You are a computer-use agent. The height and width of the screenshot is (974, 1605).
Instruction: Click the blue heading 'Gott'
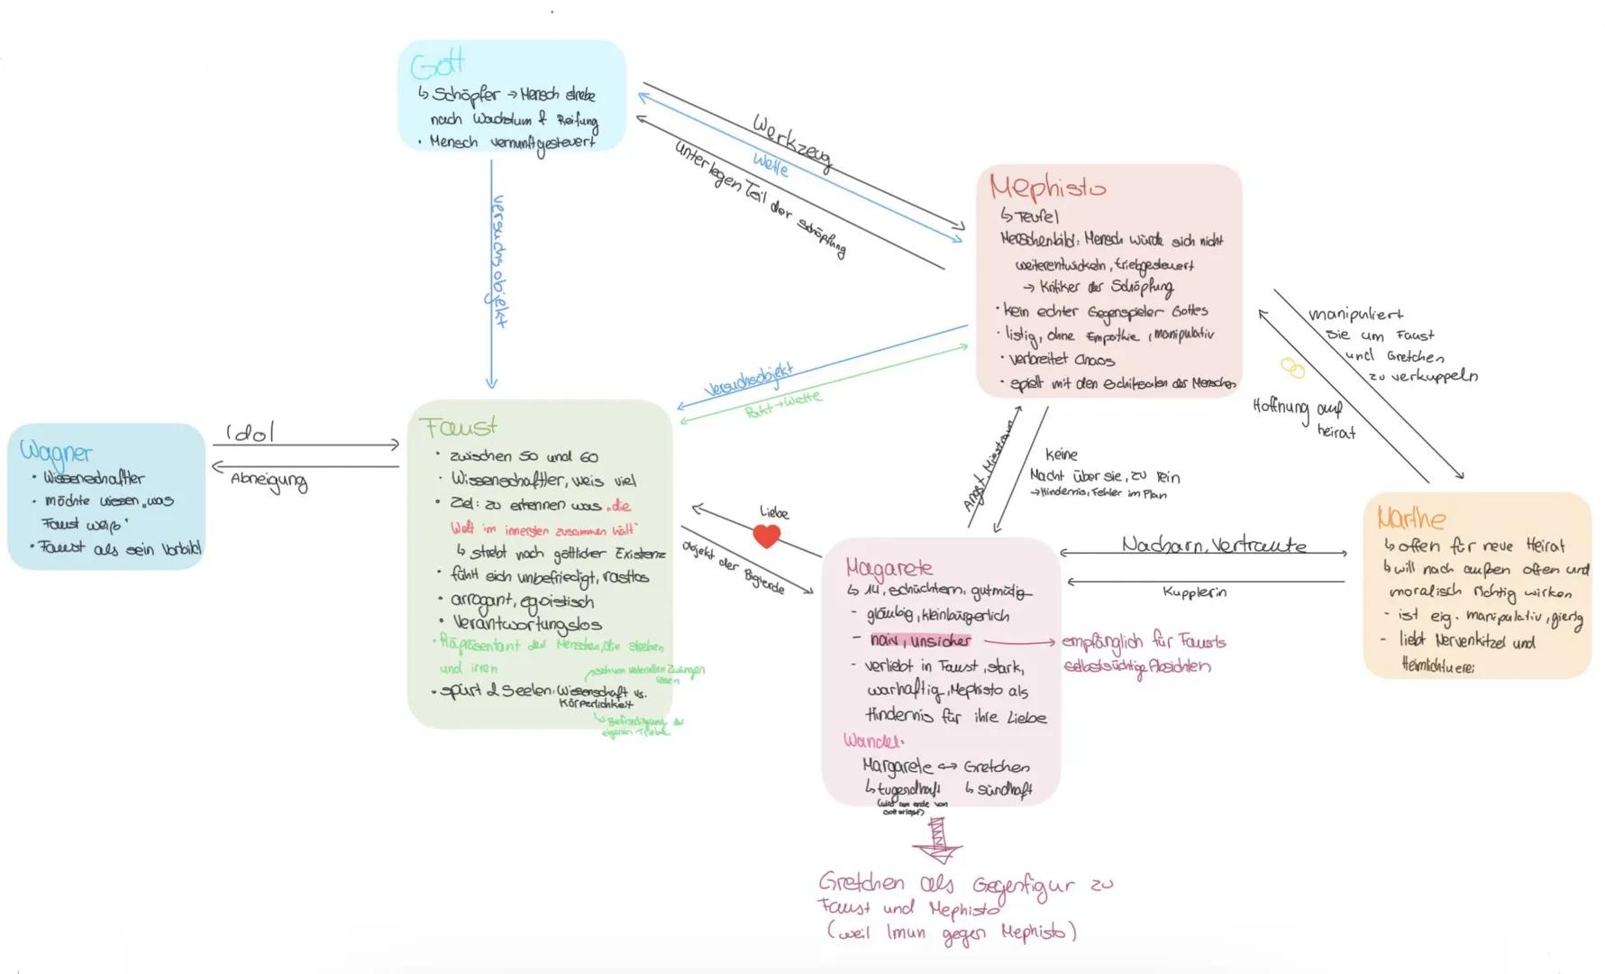(437, 64)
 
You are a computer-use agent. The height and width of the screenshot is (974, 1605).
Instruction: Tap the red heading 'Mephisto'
(1047, 188)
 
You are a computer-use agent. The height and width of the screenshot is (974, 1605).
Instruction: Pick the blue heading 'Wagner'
(56, 451)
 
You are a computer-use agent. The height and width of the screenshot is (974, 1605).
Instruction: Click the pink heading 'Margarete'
(889, 567)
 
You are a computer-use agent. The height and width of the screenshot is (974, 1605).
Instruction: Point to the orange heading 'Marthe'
(1410, 518)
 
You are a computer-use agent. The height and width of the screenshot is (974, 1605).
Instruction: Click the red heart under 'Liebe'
(766, 536)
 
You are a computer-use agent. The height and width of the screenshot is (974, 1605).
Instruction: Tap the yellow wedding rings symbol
(1293, 368)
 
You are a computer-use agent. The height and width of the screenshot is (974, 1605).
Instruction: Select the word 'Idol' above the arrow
(250, 433)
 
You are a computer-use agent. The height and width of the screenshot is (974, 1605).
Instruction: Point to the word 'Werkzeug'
(791, 142)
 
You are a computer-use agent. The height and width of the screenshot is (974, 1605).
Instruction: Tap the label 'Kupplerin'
(1194, 593)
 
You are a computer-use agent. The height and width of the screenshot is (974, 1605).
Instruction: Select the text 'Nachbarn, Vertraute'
(1213, 545)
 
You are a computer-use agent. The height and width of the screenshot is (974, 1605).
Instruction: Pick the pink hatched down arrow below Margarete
(938, 839)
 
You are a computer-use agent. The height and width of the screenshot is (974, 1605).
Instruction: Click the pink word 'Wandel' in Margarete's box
(871, 740)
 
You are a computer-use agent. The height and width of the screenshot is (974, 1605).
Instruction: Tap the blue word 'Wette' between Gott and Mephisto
(771, 165)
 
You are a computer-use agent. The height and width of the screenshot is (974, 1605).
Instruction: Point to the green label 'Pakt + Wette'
(782, 405)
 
